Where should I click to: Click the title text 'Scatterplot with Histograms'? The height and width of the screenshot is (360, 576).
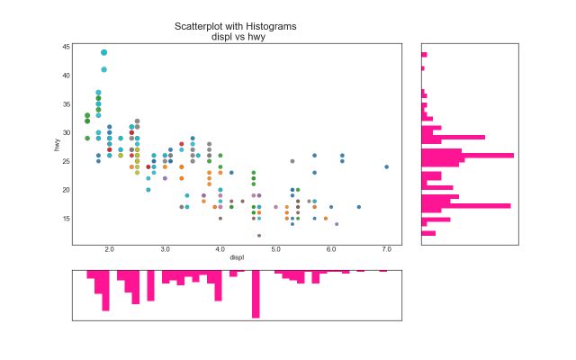[x=236, y=27]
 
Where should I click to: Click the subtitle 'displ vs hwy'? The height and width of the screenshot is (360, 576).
[x=236, y=38]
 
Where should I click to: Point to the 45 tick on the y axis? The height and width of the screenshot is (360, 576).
[x=67, y=46]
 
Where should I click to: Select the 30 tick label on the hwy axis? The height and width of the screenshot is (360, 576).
[x=67, y=132]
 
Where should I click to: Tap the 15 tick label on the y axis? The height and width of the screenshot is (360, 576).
[x=67, y=218]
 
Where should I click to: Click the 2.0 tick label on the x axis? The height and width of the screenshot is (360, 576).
[x=109, y=248]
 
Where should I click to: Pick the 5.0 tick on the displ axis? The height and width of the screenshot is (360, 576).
[x=275, y=248]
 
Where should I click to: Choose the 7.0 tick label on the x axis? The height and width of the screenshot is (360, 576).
[x=386, y=248]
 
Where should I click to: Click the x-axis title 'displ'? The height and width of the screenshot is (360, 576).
[x=236, y=257]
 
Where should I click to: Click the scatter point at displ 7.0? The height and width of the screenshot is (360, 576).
[x=386, y=166]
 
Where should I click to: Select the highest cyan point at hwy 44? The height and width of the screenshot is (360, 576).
[x=103, y=52]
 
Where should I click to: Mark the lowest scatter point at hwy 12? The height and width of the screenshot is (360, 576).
[x=259, y=236]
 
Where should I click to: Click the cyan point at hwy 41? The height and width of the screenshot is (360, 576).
[x=103, y=69]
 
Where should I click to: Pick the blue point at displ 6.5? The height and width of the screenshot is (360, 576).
[x=358, y=207]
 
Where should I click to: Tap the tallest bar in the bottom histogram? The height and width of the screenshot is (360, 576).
[x=256, y=293]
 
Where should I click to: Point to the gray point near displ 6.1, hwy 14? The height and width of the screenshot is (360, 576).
[x=337, y=224]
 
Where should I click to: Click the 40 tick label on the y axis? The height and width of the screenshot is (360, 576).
[x=67, y=75]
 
